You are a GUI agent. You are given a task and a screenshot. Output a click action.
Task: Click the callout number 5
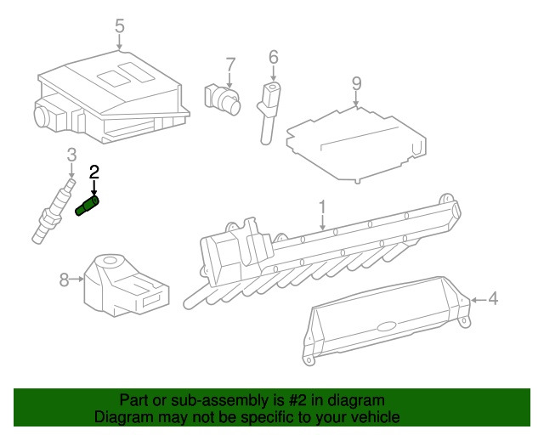pyautogui.click(x=120, y=25)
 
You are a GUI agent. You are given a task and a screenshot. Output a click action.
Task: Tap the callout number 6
pyautogui.click(x=273, y=57)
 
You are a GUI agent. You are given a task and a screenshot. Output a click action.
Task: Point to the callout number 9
pyautogui.click(x=356, y=83)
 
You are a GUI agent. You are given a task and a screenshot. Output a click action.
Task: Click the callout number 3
pyautogui.click(x=71, y=154)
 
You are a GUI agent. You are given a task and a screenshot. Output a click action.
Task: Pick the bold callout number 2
pyautogui.click(x=94, y=172)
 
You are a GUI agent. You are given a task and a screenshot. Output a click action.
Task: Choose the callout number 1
pyautogui.click(x=322, y=206)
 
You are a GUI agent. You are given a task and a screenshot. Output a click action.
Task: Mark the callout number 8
pyautogui.click(x=65, y=279)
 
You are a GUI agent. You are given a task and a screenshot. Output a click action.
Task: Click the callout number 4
pyautogui.click(x=493, y=299)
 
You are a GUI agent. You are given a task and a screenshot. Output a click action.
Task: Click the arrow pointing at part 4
pyautogui.click(x=476, y=299)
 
